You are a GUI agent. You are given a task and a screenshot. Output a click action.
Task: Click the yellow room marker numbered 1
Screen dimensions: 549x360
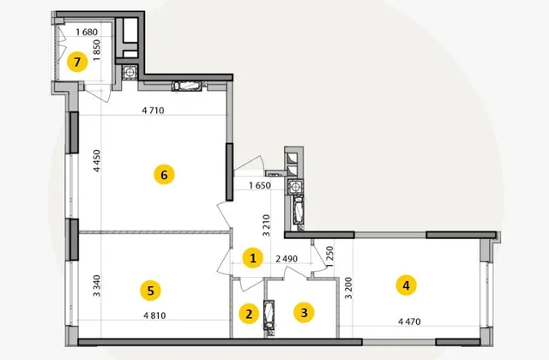pyautogui.click(x=253, y=258)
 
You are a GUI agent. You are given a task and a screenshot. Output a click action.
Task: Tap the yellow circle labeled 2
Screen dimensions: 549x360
pyautogui.click(x=249, y=314)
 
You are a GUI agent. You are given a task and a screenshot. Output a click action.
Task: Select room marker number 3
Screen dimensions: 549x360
pyautogui.click(x=304, y=312)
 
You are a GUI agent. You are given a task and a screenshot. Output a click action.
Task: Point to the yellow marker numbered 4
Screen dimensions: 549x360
pyautogui.click(x=406, y=285)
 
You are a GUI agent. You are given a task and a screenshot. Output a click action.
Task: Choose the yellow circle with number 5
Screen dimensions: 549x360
pyautogui.click(x=151, y=291)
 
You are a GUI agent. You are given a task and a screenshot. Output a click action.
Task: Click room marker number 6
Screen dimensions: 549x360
pyautogui.click(x=164, y=174)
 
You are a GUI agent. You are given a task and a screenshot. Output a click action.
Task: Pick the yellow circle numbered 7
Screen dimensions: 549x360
pyautogui.click(x=77, y=62)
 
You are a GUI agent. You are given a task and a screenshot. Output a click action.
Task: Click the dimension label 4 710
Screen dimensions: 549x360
pyautogui.click(x=153, y=111)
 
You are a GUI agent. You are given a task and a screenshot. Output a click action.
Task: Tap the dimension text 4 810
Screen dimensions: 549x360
pyautogui.click(x=154, y=315)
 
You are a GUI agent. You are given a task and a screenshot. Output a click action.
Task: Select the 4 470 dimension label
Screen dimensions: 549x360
pyautogui.click(x=410, y=321)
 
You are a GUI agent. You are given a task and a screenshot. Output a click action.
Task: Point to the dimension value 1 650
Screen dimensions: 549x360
pyautogui.click(x=260, y=185)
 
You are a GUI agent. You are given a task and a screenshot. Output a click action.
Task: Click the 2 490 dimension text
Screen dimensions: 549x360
pyautogui.click(x=287, y=259)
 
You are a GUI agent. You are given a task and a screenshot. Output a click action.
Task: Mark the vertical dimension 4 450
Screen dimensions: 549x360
pyautogui.click(x=97, y=160)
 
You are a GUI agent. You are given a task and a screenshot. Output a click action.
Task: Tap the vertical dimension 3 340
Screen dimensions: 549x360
pyautogui.click(x=97, y=285)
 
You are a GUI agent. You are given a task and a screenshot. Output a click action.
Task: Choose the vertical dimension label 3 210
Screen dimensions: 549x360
pyautogui.click(x=267, y=225)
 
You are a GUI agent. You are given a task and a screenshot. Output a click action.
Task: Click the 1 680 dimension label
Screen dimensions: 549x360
pyautogui.click(x=87, y=33)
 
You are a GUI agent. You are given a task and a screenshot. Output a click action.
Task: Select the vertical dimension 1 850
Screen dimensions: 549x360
pyautogui.click(x=97, y=51)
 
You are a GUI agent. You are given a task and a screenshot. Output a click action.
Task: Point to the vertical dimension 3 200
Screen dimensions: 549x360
pyautogui.click(x=348, y=288)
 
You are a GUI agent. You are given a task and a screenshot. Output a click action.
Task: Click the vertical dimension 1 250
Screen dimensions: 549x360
pyautogui.click(x=329, y=256)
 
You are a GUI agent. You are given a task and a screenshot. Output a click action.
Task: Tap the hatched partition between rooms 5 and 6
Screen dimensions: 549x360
pyautogui.click(x=154, y=232)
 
